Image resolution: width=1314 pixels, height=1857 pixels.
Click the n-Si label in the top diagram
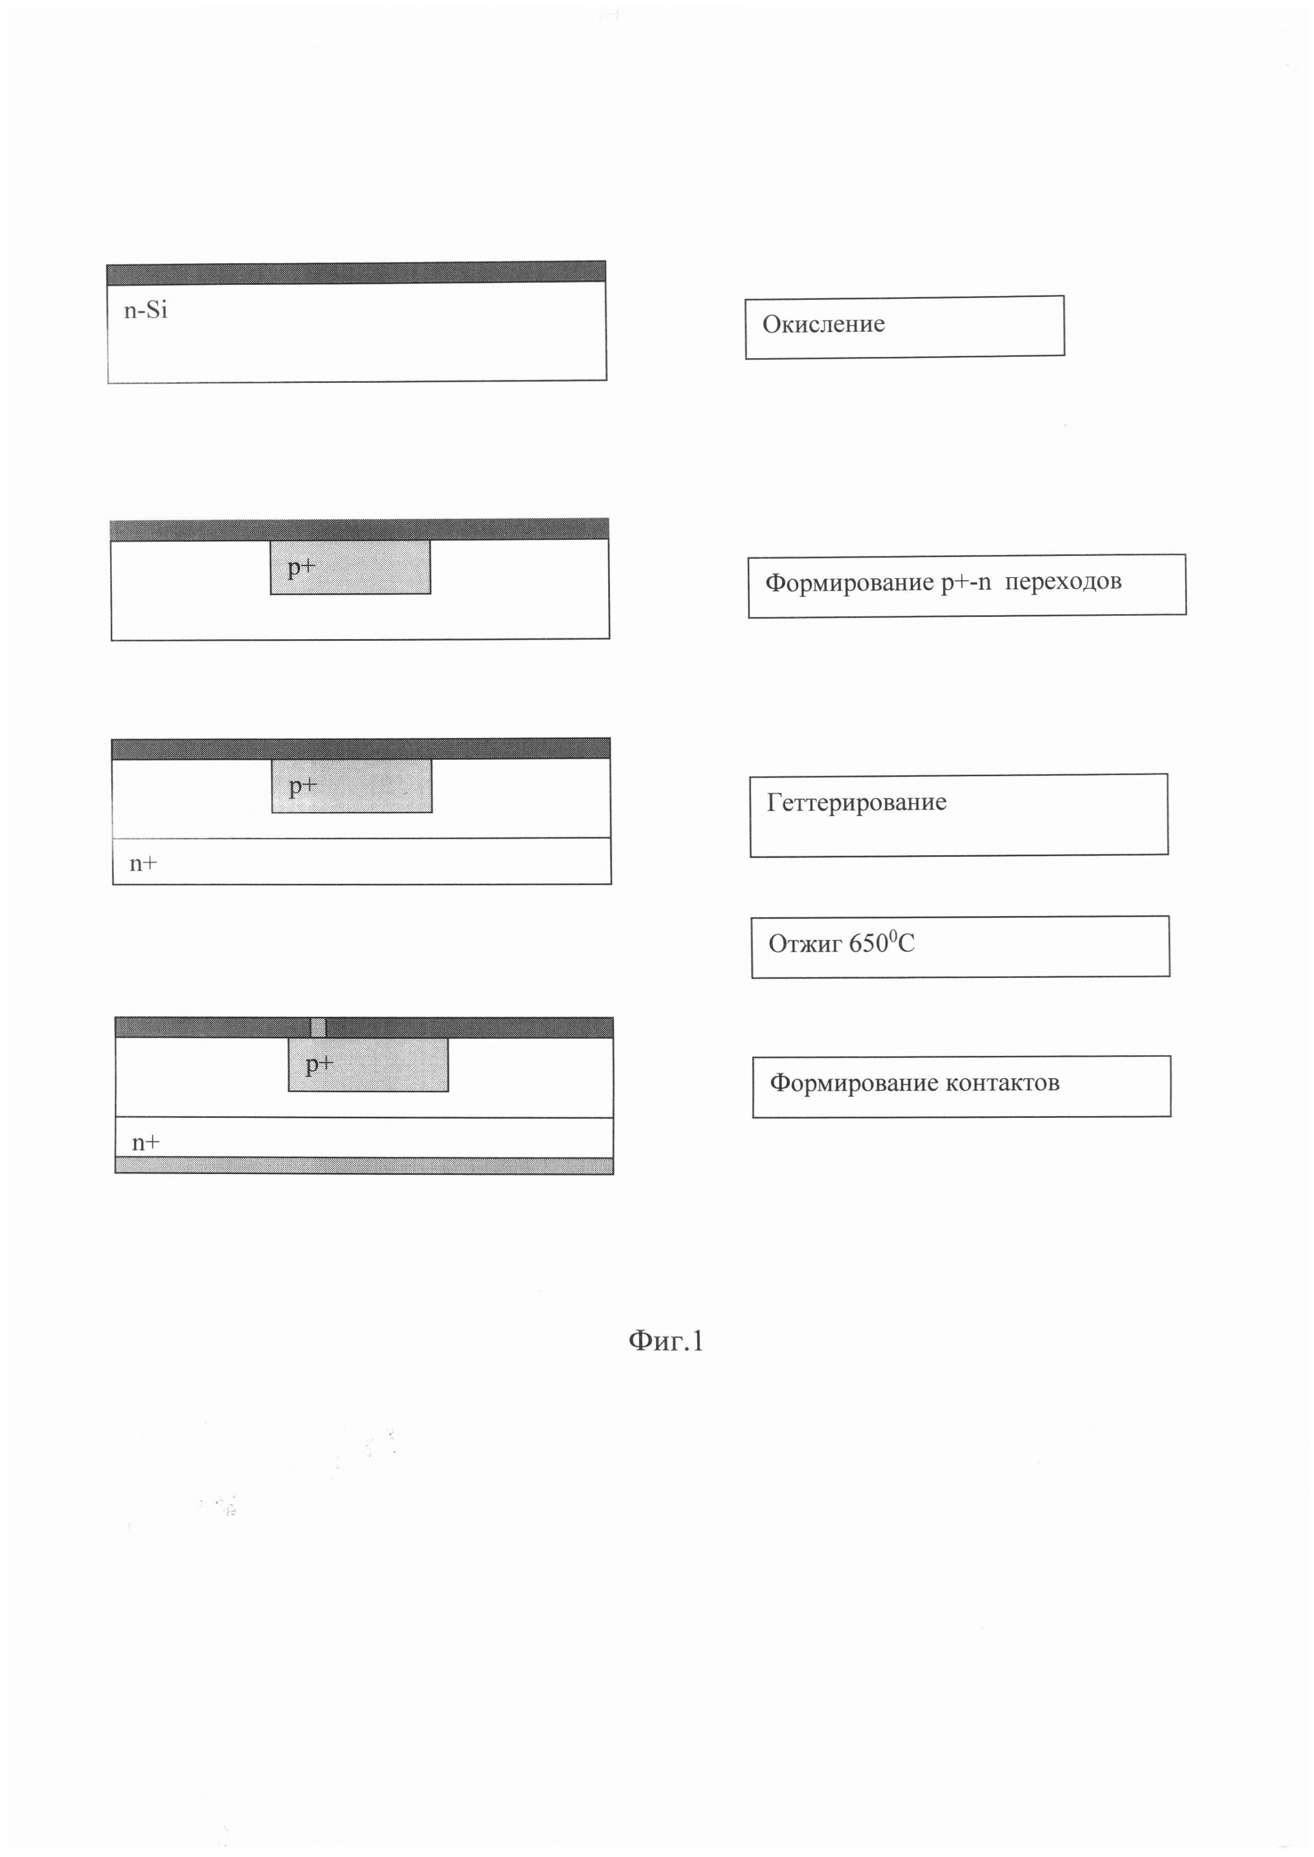[x=146, y=311]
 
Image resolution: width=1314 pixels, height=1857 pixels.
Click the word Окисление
[x=823, y=325]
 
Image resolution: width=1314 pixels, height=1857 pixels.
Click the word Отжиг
[x=804, y=944]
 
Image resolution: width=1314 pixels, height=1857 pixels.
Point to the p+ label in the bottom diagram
[x=319, y=1064]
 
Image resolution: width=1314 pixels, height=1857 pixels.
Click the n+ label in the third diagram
[x=143, y=863]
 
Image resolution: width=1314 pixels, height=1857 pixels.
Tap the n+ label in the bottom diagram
[x=146, y=1142]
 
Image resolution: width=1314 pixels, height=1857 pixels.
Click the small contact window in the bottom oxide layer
[x=318, y=1027]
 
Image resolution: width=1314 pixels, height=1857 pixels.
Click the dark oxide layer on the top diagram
[x=356, y=272]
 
